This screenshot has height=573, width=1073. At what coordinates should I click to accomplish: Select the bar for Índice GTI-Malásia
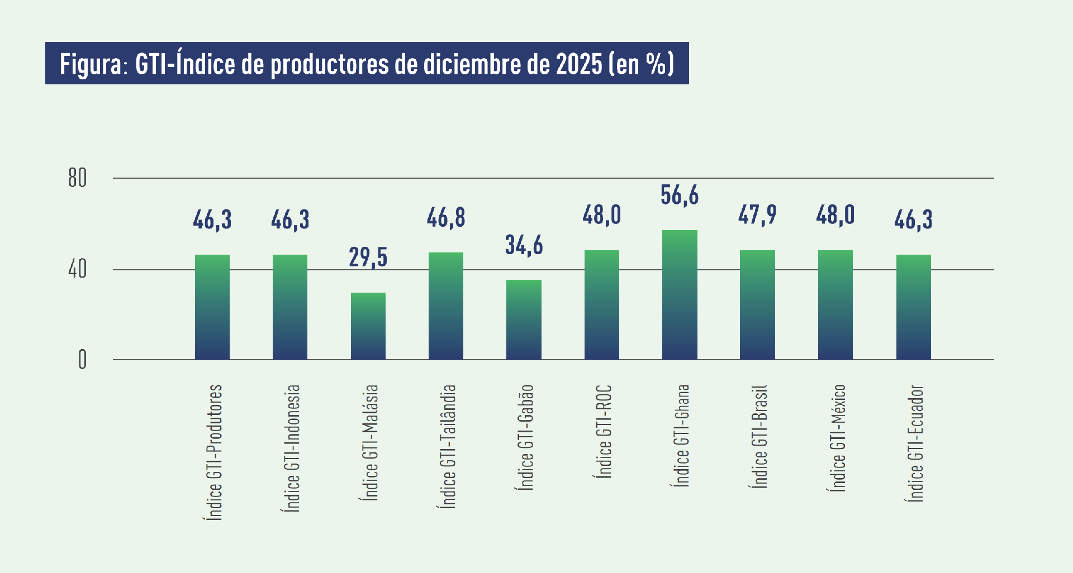368,326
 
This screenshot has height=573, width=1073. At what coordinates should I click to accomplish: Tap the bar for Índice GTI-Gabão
524,319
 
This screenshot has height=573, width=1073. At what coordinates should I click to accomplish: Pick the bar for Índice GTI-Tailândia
446,306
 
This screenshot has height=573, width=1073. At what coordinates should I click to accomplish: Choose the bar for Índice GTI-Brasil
757,305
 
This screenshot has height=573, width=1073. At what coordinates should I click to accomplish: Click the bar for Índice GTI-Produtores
212,307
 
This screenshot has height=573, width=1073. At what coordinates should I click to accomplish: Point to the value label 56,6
680,195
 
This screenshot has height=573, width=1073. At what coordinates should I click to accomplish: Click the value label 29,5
368,257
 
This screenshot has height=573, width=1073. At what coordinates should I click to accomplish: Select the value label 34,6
524,245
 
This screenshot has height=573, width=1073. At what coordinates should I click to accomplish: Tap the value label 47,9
757,215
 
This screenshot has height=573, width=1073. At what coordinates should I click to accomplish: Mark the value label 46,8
446,218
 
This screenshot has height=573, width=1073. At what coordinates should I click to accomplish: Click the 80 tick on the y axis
78,179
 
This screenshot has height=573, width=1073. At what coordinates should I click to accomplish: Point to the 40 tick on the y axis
78,270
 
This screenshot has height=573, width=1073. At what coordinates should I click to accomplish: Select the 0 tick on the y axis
82,360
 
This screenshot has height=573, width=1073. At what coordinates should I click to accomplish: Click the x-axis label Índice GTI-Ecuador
915,443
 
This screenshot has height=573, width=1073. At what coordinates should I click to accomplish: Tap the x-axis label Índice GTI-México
837,438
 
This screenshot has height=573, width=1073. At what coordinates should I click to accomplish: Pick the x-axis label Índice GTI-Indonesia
292,448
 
